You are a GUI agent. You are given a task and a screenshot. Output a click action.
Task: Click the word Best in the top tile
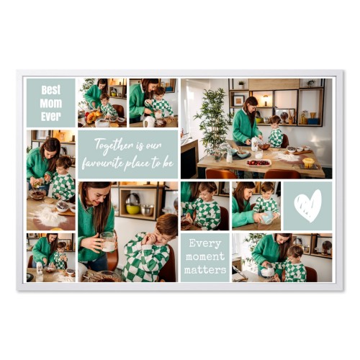[51, 90]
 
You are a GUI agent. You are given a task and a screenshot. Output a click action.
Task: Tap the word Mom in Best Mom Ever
[51, 104]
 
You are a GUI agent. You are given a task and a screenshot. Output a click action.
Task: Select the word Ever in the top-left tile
[51, 117]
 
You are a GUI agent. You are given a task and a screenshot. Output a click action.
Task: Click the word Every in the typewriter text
[205, 243]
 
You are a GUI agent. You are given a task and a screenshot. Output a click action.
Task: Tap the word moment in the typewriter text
[205, 256]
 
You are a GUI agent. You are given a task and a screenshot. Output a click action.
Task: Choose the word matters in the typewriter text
[205, 270]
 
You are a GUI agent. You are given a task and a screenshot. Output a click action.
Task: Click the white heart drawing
[308, 206]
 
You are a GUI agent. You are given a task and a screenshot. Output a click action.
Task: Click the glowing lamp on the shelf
[266, 99]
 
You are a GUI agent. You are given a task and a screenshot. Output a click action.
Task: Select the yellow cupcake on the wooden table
[308, 163]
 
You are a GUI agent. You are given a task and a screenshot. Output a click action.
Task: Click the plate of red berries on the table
[258, 163]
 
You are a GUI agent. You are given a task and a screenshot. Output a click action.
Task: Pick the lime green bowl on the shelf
[133, 210]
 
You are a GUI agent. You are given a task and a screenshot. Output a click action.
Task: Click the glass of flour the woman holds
[108, 242]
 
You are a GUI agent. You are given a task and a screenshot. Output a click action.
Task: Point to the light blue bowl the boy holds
[267, 217]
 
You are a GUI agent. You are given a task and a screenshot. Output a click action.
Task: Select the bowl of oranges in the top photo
[92, 117]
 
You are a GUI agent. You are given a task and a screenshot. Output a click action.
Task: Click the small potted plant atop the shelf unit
[241, 85]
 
